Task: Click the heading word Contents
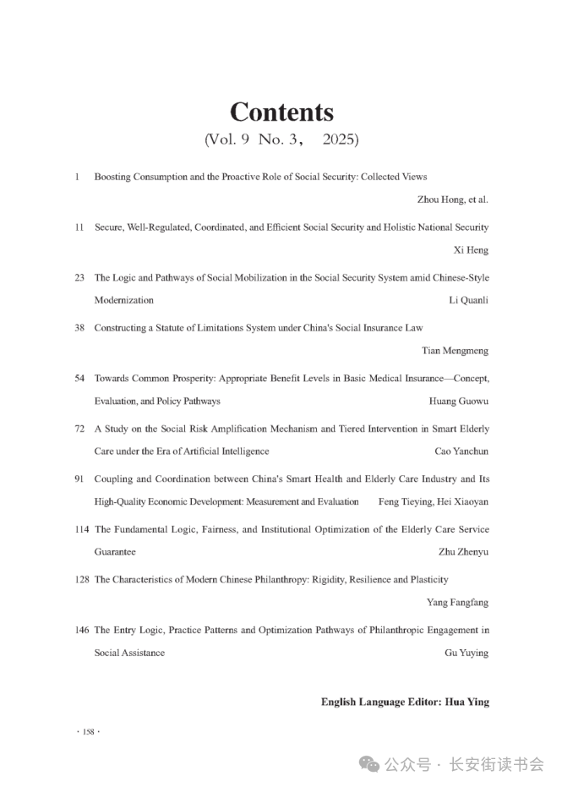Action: (x=281, y=112)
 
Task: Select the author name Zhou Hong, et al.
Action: (x=453, y=199)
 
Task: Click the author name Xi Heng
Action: (x=472, y=250)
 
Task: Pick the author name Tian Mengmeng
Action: (x=455, y=350)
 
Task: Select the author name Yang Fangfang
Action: (x=457, y=603)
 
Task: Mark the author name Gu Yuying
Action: (x=467, y=653)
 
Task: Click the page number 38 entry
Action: (x=79, y=327)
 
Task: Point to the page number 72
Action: (x=79, y=429)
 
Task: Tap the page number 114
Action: (x=82, y=529)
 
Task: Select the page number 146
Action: (x=82, y=630)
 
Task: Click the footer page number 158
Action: (x=88, y=732)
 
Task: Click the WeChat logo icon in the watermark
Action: (x=369, y=764)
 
